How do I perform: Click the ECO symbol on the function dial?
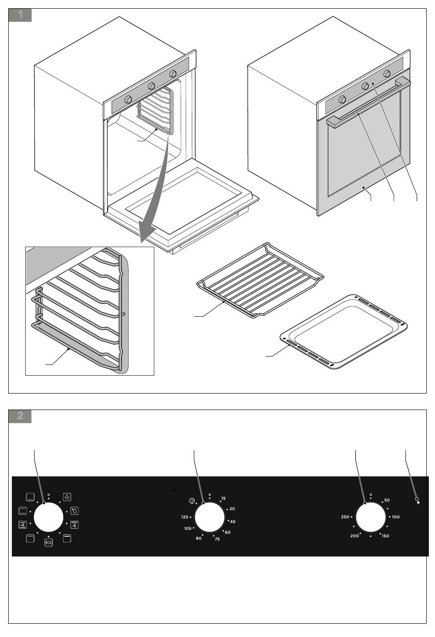pos(49,543)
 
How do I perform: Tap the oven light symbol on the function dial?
pos(67,497)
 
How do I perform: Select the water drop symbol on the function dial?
pos(75,510)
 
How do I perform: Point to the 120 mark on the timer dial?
pos(185,517)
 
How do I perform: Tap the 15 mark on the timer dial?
pos(223,498)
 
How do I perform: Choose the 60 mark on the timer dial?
pos(228,532)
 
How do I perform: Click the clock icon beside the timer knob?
pos(191,501)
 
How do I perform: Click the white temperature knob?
pos(370,518)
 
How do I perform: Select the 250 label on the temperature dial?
pos(345,517)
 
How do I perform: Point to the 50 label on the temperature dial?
pos(386,500)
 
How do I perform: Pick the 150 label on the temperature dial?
pos(385,536)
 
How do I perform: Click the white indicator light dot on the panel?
pos(419,502)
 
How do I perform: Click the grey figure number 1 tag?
pos(20,15)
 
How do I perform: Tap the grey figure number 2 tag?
pos(20,416)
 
